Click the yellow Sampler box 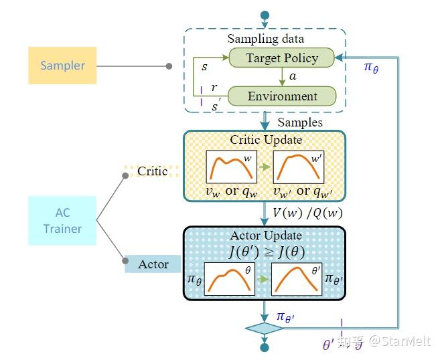[x=62, y=66]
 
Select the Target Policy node [x=282, y=58]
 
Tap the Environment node [x=282, y=96]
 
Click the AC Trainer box [x=62, y=219]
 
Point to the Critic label [x=152, y=171]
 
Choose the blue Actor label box [x=153, y=264]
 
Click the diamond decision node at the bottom [x=265, y=329]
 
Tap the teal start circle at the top [x=265, y=15]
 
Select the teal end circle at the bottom [x=265, y=347]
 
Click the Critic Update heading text [x=266, y=140]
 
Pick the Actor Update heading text [x=266, y=236]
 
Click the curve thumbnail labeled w [x=231, y=168]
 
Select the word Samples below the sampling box [x=299, y=122]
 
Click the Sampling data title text [x=266, y=39]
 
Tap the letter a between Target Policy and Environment [x=292, y=78]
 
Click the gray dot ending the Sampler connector [x=169, y=66]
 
